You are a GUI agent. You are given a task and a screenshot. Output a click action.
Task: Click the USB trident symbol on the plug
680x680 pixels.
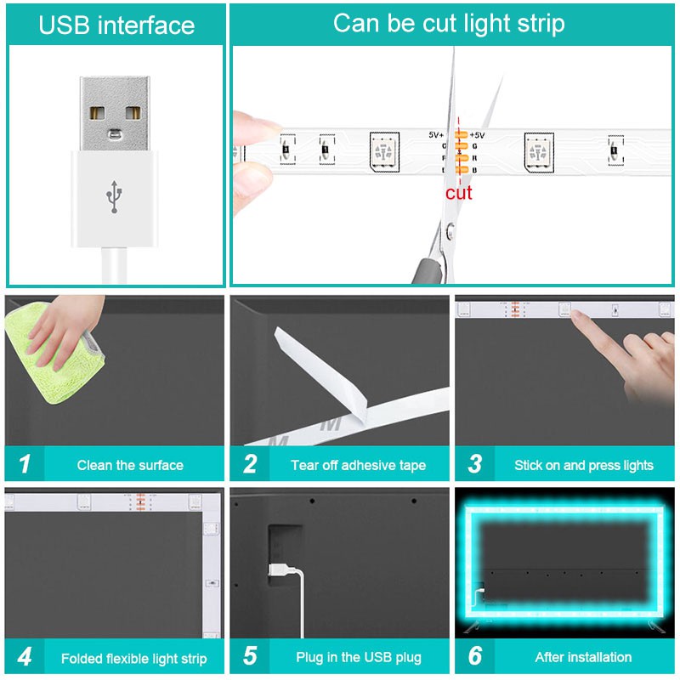pos(114,197)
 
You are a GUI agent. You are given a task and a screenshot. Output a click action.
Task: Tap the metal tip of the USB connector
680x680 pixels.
pos(115,114)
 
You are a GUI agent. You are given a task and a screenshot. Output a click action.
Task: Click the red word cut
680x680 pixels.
pos(458,193)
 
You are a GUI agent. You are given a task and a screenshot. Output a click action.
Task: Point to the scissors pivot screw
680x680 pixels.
pos(450,230)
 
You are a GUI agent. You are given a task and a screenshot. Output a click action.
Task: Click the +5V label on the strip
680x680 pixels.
pos(477,135)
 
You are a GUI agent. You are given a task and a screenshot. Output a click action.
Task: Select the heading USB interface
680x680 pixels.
pos(116,25)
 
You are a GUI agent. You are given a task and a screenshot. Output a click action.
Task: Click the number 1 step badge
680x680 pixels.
pos(25,463)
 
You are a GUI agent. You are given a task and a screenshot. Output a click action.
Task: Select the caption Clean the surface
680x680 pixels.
pos(130,465)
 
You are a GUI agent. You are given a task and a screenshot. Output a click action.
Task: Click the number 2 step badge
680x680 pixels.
pos(250,463)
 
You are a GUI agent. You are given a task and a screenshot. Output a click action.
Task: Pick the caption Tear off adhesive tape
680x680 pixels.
pos(358,465)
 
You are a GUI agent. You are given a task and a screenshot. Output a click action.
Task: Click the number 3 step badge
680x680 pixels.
pos(475,463)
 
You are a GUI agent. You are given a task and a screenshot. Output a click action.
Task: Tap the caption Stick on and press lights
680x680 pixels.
pos(584,465)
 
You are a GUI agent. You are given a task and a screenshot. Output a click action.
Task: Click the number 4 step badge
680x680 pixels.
pos(25,656)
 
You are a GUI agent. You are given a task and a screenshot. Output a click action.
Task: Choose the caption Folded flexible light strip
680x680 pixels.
pos(134,659)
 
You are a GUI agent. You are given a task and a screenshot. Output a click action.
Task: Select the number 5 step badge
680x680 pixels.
pos(250,656)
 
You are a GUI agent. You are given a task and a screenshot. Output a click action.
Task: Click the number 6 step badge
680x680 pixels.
pos(475,656)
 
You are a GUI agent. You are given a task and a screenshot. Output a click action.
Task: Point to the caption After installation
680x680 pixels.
pos(583,657)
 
